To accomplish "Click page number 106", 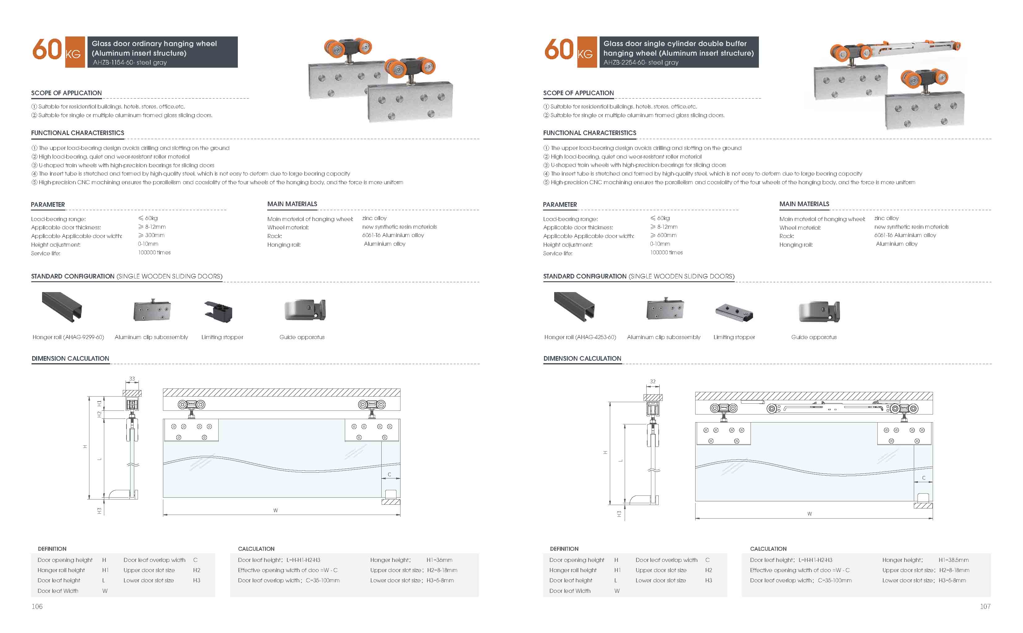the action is click(x=37, y=606).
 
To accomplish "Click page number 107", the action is click(x=985, y=606).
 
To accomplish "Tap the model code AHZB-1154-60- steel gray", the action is click(x=130, y=62).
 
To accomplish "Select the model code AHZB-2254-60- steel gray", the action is click(x=641, y=62).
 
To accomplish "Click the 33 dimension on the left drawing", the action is click(x=132, y=378).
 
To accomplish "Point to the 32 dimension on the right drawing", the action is click(x=653, y=381).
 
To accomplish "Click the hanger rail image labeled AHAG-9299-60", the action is click(x=62, y=307).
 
